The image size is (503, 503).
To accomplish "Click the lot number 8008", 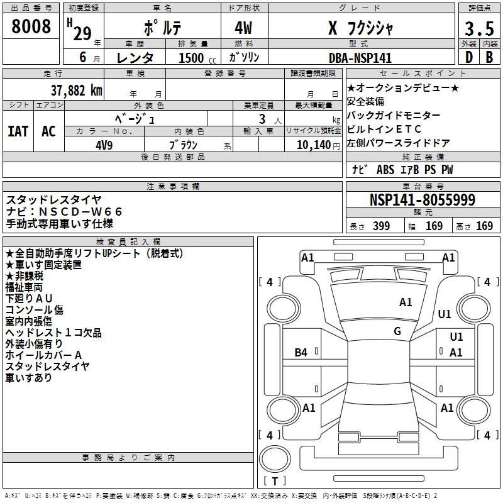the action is [x=31, y=27].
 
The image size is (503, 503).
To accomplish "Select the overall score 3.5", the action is [x=478, y=30].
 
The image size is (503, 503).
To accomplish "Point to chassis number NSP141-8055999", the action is [x=422, y=201].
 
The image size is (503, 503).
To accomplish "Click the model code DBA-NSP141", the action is [x=361, y=58].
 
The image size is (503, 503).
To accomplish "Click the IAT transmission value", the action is [x=18, y=131].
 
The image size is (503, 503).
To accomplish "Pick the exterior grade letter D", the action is [x=468, y=57].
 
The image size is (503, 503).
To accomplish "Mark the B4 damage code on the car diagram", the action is [x=301, y=353].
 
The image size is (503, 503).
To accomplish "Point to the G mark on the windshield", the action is [x=397, y=331].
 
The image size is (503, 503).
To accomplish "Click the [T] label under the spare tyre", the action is [x=275, y=482].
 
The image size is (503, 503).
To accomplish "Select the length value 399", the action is [x=380, y=226].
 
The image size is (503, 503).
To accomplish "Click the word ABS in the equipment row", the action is [x=385, y=170].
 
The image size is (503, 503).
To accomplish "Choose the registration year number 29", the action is [x=82, y=33].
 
